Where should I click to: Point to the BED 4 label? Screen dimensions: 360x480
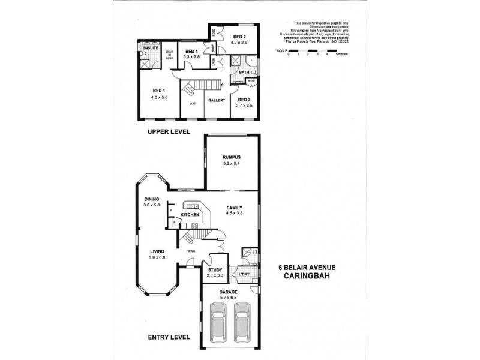coord(191,52)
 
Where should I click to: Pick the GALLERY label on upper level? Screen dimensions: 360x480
coord(216,100)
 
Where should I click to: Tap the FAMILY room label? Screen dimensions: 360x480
coord(234,207)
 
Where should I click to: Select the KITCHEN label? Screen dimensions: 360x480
coord(190,214)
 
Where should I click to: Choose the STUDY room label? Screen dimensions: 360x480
coord(215,270)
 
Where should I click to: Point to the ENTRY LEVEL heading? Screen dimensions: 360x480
coord(169,338)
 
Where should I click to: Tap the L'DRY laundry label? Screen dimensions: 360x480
coord(244,274)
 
